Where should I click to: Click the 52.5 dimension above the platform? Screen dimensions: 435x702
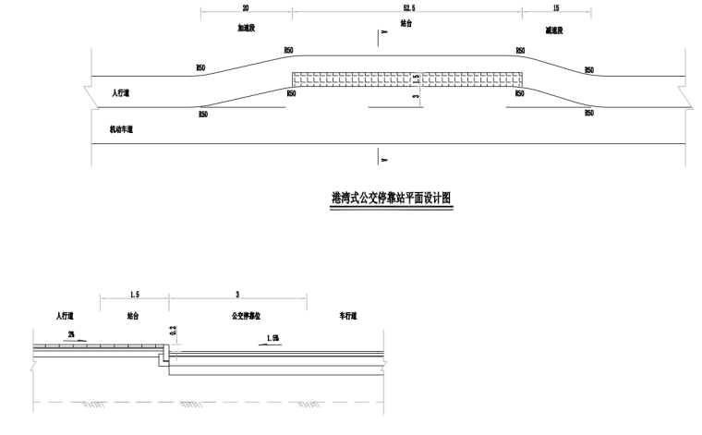(x=407, y=7)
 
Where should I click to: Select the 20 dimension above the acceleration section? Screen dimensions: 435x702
(x=246, y=7)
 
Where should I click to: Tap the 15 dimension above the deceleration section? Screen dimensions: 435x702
(x=555, y=7)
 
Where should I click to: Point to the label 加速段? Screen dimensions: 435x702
(x=246, y=30)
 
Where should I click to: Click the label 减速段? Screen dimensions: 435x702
(x=555, y=30)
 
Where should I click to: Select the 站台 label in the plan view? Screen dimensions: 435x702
(x=407, y=23)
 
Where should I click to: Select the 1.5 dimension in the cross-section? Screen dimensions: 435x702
(x=134, y=295)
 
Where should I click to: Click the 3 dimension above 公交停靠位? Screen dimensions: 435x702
(x=238, y=295)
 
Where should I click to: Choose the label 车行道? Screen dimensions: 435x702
(x=347, y=316)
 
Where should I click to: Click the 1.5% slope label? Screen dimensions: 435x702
(x=272, y=339)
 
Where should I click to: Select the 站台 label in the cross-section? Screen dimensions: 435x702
(x=135, y=316)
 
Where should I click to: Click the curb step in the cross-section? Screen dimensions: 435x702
(x=167, y=354)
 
